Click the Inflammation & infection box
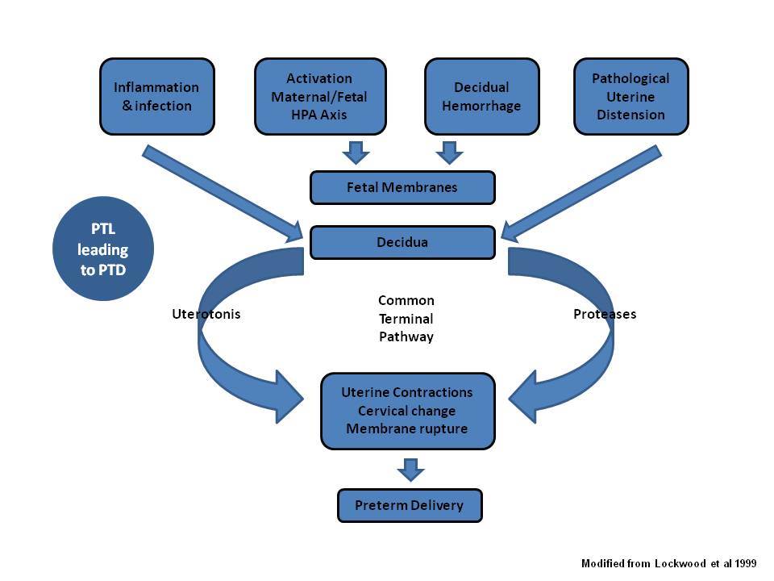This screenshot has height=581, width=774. [157, 96]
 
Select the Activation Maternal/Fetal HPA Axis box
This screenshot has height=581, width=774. [320, 96]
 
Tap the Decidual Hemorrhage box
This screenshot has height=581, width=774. [482, 96]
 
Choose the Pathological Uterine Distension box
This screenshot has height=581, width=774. [630, 96]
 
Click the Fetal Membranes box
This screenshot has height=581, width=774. [402, 188]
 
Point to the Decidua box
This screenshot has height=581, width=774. [402, 243]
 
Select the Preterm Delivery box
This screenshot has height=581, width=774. [410, 505]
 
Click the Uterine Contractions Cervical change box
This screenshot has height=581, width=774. [408, 411]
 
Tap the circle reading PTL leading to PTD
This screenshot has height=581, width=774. [103, 249]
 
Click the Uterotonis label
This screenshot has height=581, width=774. [206, 314]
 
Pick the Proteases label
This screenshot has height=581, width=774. [605, 314]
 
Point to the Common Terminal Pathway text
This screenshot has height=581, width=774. [406, 319]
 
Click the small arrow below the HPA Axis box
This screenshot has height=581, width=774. [356, 153]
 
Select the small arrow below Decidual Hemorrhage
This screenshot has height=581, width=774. [449, 153]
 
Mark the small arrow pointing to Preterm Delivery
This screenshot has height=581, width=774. [410, 470]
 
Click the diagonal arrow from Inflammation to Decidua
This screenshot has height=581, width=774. [223, 194]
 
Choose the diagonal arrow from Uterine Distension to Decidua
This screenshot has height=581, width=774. [581, 194]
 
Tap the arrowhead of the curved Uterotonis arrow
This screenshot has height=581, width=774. [289, 397]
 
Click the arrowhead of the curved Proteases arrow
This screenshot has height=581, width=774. [523, 397]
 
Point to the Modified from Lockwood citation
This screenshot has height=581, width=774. [669, 563]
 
